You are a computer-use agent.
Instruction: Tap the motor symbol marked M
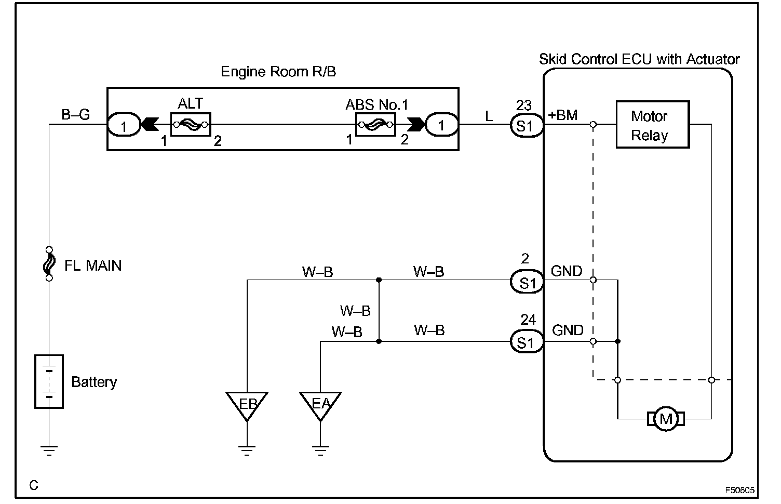tap(666, 419)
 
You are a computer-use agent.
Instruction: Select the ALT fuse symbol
tap(191, 124)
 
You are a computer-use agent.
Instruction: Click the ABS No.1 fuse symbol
tap(375, 124)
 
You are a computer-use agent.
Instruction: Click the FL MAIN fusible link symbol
tap(49, 263)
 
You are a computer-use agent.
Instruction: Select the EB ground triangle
tap(247, 406)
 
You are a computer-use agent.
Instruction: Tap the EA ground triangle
tap(320, 406)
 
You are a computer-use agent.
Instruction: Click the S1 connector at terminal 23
tap(527, 126)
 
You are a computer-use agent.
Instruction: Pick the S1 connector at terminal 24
tap(527, 341)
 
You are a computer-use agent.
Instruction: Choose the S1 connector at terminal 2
tap(527, 282)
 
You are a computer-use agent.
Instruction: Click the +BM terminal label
tap(563, 115)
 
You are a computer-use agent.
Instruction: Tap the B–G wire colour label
tap(76, 114)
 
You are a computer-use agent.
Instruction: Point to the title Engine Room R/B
tap(278, 72)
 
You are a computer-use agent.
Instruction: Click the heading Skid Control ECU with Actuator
tap(639, 59)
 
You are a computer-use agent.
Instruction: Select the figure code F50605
tap(740, 490)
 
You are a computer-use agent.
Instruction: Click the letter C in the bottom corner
tap(34, 485)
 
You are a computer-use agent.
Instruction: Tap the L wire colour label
tap(489, 116)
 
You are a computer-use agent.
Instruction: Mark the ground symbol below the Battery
tap(49, 450)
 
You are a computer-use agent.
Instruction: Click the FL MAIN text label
tap(93, 266)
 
